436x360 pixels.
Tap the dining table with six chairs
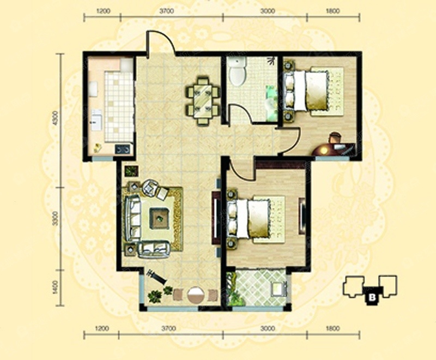[203, 101]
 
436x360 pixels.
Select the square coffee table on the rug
[160, 219]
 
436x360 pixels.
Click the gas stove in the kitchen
[123, 149]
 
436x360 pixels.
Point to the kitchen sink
[96, 120]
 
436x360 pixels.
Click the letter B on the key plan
[372, 297]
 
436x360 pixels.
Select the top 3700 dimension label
[167, 11]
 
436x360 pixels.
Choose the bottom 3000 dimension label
[267, 328]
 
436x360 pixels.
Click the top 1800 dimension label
[332, 11]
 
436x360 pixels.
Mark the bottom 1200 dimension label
[102, 328]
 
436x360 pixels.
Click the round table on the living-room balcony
[196, 295]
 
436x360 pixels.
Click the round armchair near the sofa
[150, 187]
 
